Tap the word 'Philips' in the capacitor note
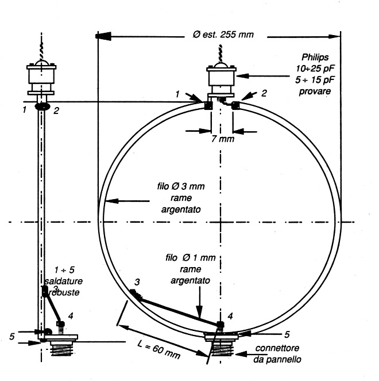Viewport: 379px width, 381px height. click(316, 58)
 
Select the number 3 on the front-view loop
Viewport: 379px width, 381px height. click(137, 281)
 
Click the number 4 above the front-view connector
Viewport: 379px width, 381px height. click(230, 316)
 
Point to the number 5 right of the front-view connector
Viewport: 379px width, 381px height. click(287, 334)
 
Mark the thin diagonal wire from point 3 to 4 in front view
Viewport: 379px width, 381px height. click(178, 310)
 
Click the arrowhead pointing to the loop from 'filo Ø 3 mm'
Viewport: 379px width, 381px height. click(111, 201)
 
